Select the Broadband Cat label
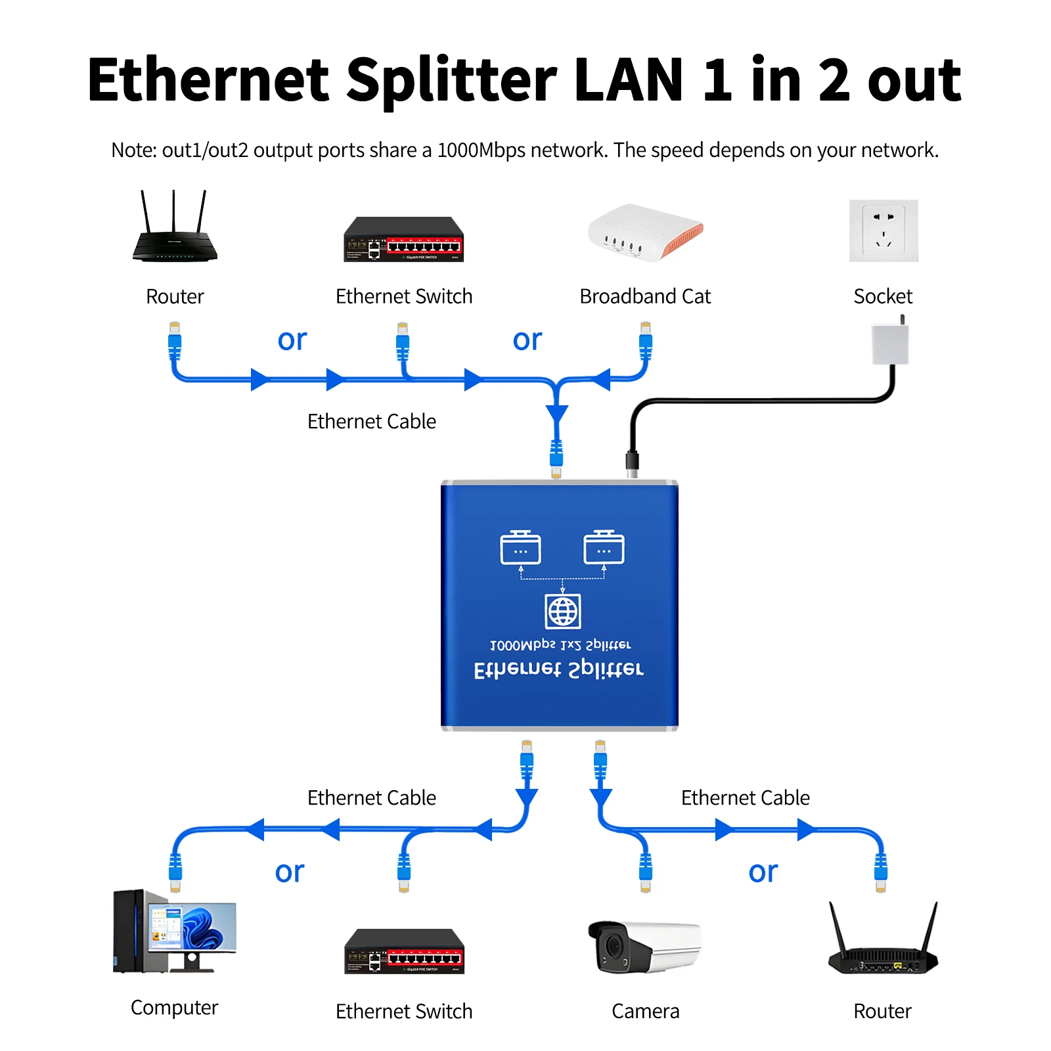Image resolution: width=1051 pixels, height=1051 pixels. point(644,296)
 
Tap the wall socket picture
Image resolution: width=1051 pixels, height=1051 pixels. point(883,231)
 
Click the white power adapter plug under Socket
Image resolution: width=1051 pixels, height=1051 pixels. point(890,344)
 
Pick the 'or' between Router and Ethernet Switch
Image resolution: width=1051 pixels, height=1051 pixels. point(292,340)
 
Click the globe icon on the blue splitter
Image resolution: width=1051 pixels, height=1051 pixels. point(563,612)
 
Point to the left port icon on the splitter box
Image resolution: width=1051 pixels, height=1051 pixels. point(520,548)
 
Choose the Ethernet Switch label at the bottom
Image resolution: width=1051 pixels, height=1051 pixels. point(403,1011)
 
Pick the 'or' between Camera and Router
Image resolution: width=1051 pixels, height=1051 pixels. point(763,872)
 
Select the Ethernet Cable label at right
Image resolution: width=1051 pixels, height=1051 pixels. point(745,797)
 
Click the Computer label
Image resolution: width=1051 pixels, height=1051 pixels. point(174,1008)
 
